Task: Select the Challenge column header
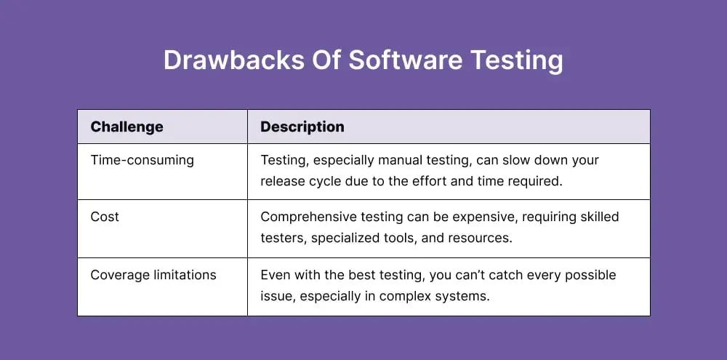click(x=126, y=127)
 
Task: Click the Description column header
click(x=302, y=127)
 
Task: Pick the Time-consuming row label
click(x=142, y=160)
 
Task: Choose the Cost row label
click(x=105, y=217)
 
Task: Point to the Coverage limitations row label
click(x=153, y=275)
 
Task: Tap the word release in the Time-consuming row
click(x=284, y=181)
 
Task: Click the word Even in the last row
click(x=275, y=275)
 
